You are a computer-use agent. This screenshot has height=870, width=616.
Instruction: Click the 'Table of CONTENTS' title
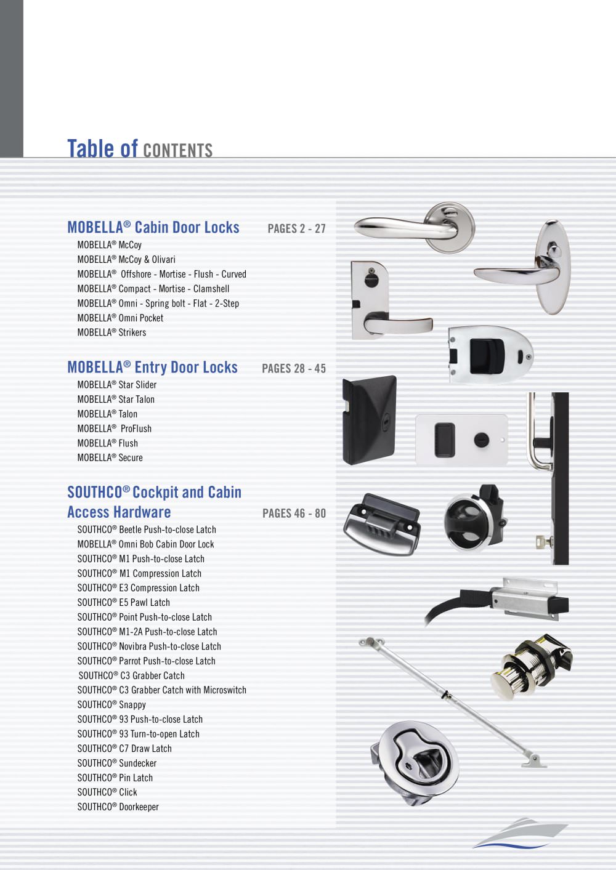140,149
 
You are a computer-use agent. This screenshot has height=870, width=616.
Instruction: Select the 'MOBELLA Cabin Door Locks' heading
153,228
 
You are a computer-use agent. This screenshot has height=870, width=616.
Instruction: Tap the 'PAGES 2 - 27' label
296,228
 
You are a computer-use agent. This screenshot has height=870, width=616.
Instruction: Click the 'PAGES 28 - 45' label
294,368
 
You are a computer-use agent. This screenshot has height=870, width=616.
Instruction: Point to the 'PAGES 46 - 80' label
294,513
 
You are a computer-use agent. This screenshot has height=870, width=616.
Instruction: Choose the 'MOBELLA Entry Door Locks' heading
152,368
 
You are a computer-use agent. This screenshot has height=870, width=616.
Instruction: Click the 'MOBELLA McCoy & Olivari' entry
126,259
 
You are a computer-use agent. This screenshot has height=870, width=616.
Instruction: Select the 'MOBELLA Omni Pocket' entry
121,318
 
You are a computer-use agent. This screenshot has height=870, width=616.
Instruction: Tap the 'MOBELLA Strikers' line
111,332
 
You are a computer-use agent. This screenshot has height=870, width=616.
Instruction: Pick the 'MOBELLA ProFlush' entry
114,429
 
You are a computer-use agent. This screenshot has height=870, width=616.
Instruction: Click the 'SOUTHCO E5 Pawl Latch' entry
124,602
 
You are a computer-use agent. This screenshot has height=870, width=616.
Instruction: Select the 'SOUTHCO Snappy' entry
111,704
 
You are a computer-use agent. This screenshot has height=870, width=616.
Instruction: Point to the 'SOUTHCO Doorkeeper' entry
118,807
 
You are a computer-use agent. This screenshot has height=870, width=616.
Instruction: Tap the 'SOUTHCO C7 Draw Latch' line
124,749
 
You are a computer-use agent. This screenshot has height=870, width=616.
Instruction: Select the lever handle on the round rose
415,228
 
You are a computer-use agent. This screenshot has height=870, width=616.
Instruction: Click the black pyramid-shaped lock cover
369,420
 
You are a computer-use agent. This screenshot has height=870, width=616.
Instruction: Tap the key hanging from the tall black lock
540,541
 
